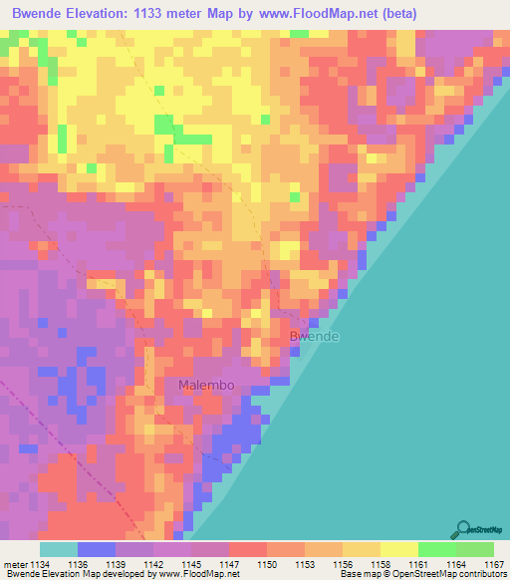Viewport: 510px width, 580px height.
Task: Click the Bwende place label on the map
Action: pos(314,337)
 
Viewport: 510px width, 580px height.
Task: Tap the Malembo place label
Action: pos(205,385)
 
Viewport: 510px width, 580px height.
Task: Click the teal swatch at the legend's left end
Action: pos(58,549)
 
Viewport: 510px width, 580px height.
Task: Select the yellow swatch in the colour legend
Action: pos(397,549)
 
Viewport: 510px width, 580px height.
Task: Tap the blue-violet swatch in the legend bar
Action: pos(96,549)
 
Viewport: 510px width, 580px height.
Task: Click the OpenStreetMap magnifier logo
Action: pos(463,530)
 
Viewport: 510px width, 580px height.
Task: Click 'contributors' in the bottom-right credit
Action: pos(483,574)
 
